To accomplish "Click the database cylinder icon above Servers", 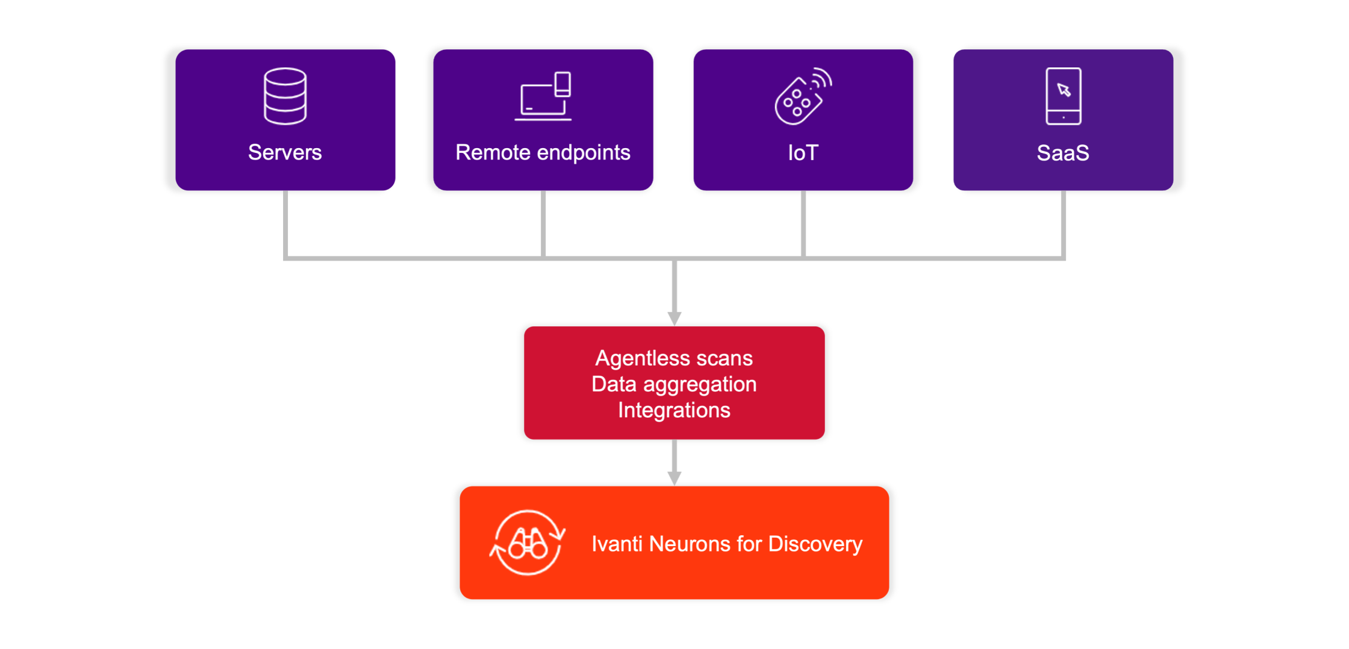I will coord(285,96).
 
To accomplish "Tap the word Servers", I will coord(285,152).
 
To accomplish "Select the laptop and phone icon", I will coord(543,96).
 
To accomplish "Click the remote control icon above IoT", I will coord(803,96).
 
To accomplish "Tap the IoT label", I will coord(803,153).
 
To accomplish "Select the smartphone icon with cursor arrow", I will coord(1063,96).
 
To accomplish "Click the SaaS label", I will coord(1063,153).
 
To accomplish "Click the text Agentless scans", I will coord(674,358).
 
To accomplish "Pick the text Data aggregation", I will coord(674,384).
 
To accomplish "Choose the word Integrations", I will coord(674,410).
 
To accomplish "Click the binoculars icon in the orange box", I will coord(528,543).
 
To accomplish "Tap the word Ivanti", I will coord(617,544).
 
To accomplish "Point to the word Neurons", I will coord(690,544).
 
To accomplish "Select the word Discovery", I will coord(815,544).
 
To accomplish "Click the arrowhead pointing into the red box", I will coord(674,318).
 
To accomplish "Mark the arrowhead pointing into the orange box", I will coord(674,478).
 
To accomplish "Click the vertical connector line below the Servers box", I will coord(285,223).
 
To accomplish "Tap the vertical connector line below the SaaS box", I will coord(1064,223).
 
